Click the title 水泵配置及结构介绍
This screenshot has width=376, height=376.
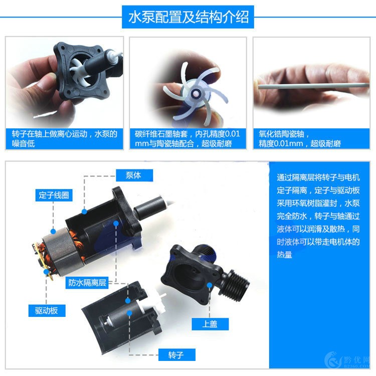coord(188,18)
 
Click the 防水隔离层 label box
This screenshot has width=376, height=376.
coord(88,283)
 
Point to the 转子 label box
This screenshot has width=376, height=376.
coord(175,355)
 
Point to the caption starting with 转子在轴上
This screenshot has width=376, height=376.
coord(65,139)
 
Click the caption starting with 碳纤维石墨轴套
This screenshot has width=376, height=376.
coord(187,139)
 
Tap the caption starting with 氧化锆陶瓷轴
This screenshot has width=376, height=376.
coord(311,139)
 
